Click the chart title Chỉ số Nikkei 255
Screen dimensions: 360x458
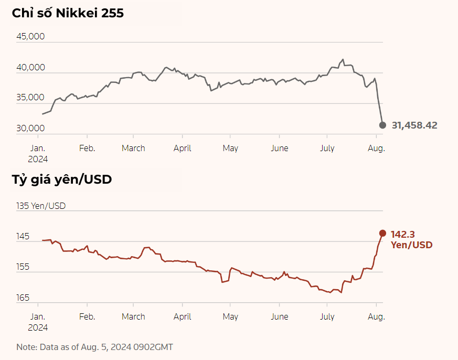coord(68,13)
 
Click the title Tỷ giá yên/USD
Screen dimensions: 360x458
coord(62,179)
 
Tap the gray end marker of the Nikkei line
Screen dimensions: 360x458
coord(382,125)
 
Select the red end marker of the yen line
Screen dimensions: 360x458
coord(382,233)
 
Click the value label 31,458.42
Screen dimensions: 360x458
coord(414,125)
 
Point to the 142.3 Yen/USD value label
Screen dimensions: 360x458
coord(411,239)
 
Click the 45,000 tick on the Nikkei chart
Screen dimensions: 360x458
coord(31,36)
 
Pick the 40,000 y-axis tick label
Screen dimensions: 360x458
coord(31,67)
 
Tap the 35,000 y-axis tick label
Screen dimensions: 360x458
coord(31,97)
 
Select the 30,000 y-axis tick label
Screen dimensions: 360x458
coord(31,128)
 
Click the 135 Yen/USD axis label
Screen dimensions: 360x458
coord(41,206)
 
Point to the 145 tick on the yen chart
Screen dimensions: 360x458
coord(24,237)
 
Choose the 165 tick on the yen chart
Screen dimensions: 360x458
coord(24,298)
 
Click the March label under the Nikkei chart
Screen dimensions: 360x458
coord(133,148)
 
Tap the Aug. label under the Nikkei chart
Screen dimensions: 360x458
coord(376,148)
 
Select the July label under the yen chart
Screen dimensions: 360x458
coord(327,316)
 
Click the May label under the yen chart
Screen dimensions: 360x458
coord(230,316)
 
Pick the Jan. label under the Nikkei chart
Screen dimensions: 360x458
coord(38,148)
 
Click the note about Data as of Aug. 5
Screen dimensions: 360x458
coord(94,347)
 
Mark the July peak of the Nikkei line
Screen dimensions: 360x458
coord(343,59)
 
